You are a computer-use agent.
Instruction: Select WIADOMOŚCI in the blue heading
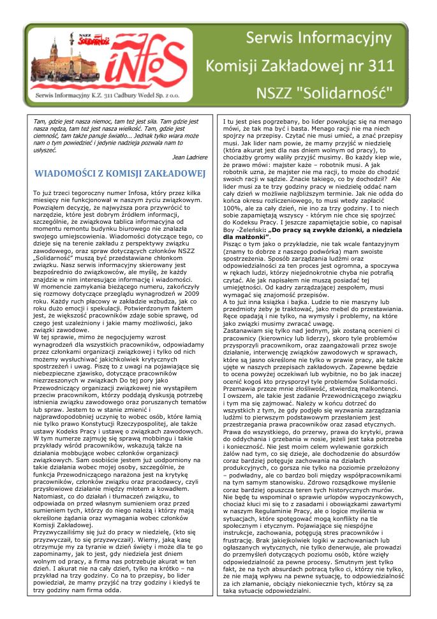point(66,173)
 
